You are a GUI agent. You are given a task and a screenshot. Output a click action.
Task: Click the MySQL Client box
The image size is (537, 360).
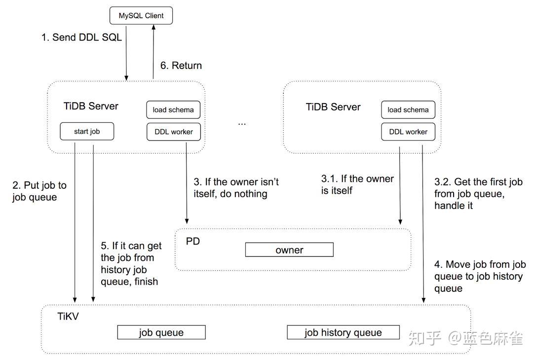(141, 16)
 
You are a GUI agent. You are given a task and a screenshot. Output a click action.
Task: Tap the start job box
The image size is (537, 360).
(87, 131)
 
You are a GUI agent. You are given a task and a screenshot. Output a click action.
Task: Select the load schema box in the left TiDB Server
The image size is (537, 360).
(173, 109)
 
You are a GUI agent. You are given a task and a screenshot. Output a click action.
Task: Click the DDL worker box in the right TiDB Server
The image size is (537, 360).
(408, 132)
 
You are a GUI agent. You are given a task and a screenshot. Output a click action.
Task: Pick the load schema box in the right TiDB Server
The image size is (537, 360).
(408, 109)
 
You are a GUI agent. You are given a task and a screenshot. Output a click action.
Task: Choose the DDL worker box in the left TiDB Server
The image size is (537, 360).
(173, 132)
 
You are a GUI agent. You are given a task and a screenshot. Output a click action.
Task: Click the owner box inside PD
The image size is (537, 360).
(289, 250)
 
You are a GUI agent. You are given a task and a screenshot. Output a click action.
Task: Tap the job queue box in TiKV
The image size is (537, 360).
(161, 332)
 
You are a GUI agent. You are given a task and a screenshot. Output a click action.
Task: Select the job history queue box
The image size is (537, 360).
(343, 332)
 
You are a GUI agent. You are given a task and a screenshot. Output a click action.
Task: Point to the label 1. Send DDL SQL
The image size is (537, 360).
(81, 37)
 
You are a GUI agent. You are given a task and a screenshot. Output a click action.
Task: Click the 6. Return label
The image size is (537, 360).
(181, 66)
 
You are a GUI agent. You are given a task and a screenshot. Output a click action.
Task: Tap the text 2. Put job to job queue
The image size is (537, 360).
(39, 191)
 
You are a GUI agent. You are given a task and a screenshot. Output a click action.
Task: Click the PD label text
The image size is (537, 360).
(193, 242)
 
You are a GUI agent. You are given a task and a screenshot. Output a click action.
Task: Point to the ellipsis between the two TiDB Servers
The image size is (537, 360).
(242, 123)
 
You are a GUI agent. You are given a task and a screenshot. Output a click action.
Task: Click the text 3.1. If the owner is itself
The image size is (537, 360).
(357, 184)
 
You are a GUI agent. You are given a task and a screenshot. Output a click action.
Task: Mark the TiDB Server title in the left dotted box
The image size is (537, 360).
(91, 106)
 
